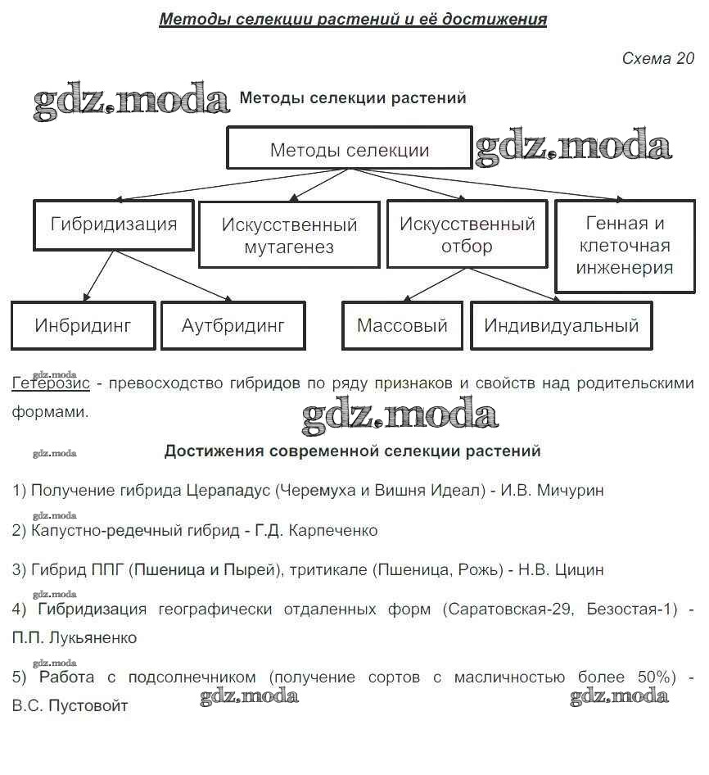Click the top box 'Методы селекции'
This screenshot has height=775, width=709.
pyautogui.click(x=349, y=148)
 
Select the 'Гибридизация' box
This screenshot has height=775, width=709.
pyautogui.click(x=113, y=224)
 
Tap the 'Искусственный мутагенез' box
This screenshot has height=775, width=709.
pyautogui.click(x=289, y=235)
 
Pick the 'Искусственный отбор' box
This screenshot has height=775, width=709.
pyautogui.click(x=467, y=235)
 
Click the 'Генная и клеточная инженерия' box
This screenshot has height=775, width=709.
pyautogui.click(x=625, y=246)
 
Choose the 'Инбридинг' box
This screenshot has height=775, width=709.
pyautogui.click(x=83, y=325)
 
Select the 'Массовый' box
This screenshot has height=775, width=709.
pyautogui.click(x=402, y=325)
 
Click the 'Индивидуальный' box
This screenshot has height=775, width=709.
pyautogui.click(x=562, y=325)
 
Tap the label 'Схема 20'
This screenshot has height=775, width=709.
pyautogui.click(x=657, y=58)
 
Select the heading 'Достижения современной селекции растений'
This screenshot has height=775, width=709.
pyautogui.click(x=353, y=451)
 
